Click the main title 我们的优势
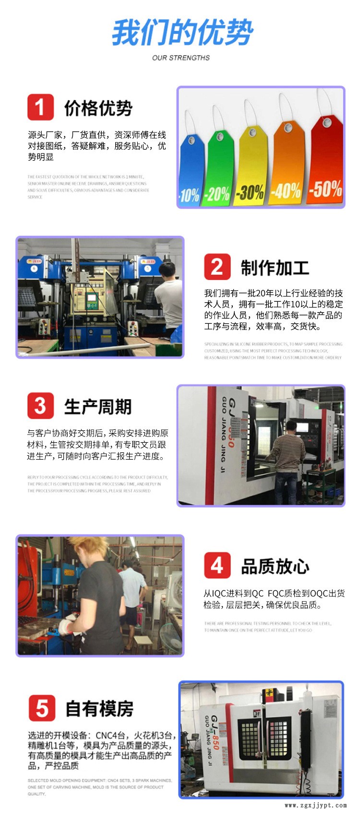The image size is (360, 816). pyautogui.click(x=182, y=33)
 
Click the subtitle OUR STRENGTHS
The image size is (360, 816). pyautogui.click(x=181, y=58)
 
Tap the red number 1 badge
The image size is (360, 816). pyautogui.click(x=40, y=107)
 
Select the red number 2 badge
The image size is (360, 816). pyautogui.click(x=217, y=267)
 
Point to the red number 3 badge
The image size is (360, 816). pyautogui.click(x=40, y=406)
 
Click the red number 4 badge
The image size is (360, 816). pyautogui.click(x=217, y=565)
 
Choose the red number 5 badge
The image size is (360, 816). pyautogui.click(x=42, y=708)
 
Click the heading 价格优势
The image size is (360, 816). pyautogui.click(x=98, y=108)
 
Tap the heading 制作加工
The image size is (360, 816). pyautogui.click(x=275, y=268)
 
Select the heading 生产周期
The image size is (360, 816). pyautogui.click(x=98, y=407)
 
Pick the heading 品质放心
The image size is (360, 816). pyautogui.click(x=275, y=567)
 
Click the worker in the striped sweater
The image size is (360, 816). pyautogui.click(x=288, y=451)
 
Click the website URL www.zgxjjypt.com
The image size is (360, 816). pyautogui.click(x=315, y=805)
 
